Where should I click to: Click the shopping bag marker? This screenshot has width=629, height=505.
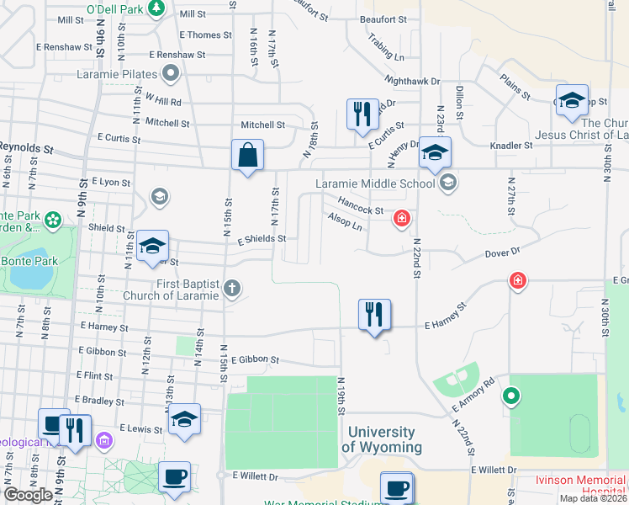[247, 156]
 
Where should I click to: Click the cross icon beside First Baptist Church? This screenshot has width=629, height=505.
[233, 290]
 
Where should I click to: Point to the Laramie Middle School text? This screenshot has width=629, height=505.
[375, 183]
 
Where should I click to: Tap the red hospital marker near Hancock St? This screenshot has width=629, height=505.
[403, 219]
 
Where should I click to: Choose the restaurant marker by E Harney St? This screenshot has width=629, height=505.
[374, 315]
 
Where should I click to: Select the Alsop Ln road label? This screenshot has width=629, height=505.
[345, 222]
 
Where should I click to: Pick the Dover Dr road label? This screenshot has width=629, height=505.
[503, 252]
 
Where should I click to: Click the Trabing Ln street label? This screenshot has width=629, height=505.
[386, 49]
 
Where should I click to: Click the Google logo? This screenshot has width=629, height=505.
[28, 495]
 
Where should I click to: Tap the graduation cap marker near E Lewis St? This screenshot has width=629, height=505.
[184, 420]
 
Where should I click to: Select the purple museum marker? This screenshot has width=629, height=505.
[104, 439]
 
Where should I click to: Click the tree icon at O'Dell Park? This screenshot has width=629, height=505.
[156, 8]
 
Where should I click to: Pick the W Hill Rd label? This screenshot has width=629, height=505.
[162, 99]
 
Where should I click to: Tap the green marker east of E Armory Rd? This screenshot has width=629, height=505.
[510, 395]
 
